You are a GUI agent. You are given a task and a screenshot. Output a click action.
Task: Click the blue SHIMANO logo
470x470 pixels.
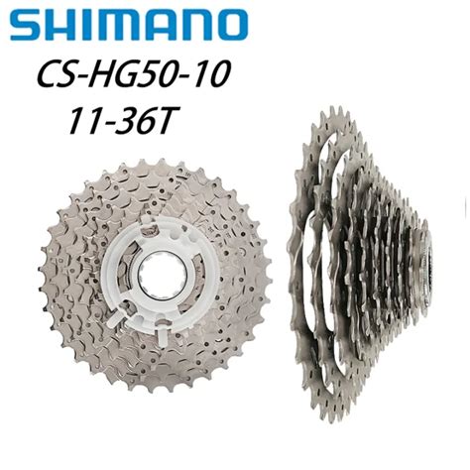click(x=129, y=25)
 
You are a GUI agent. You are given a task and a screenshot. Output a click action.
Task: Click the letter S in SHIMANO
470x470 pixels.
click(x=26, y=25)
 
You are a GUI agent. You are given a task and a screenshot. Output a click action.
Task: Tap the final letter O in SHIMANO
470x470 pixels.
click(x=230, y=25)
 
